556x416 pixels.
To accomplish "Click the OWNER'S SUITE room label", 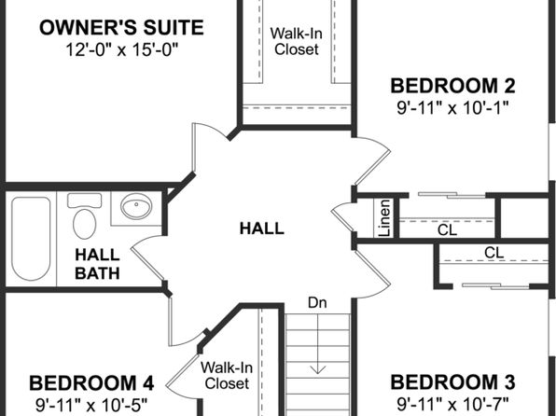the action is coord(121,28).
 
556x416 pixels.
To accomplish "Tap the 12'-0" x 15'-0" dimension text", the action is coord(121,49).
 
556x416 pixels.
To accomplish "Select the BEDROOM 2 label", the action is coord(452,86).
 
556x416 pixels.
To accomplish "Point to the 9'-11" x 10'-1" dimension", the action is coord(452,107).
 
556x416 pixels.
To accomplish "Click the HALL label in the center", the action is coord(262,228).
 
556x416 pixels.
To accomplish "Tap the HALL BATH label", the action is coord(97,264).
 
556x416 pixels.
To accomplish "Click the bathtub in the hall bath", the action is coord(31,239).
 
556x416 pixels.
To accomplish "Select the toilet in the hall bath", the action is coord(84,216).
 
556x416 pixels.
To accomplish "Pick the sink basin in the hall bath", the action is coord(136,206).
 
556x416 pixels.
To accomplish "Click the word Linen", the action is coord(384,217).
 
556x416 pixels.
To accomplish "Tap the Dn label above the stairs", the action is coord(317,302).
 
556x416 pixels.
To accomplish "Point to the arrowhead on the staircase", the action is coord(318,370).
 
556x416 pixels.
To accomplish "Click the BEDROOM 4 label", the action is coord(91,383).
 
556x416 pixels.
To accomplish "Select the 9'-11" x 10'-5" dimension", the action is coord(91,405).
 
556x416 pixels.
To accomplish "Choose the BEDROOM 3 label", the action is coord(452,381).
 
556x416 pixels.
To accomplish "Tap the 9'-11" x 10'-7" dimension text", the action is coord(452,404).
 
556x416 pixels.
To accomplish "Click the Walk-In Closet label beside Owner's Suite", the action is coord(297,41).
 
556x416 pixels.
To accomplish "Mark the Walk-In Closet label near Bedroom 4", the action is coord(227,375).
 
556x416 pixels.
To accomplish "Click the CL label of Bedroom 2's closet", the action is coord(447,230).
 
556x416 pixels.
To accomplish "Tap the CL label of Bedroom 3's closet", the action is coord(493,253).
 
